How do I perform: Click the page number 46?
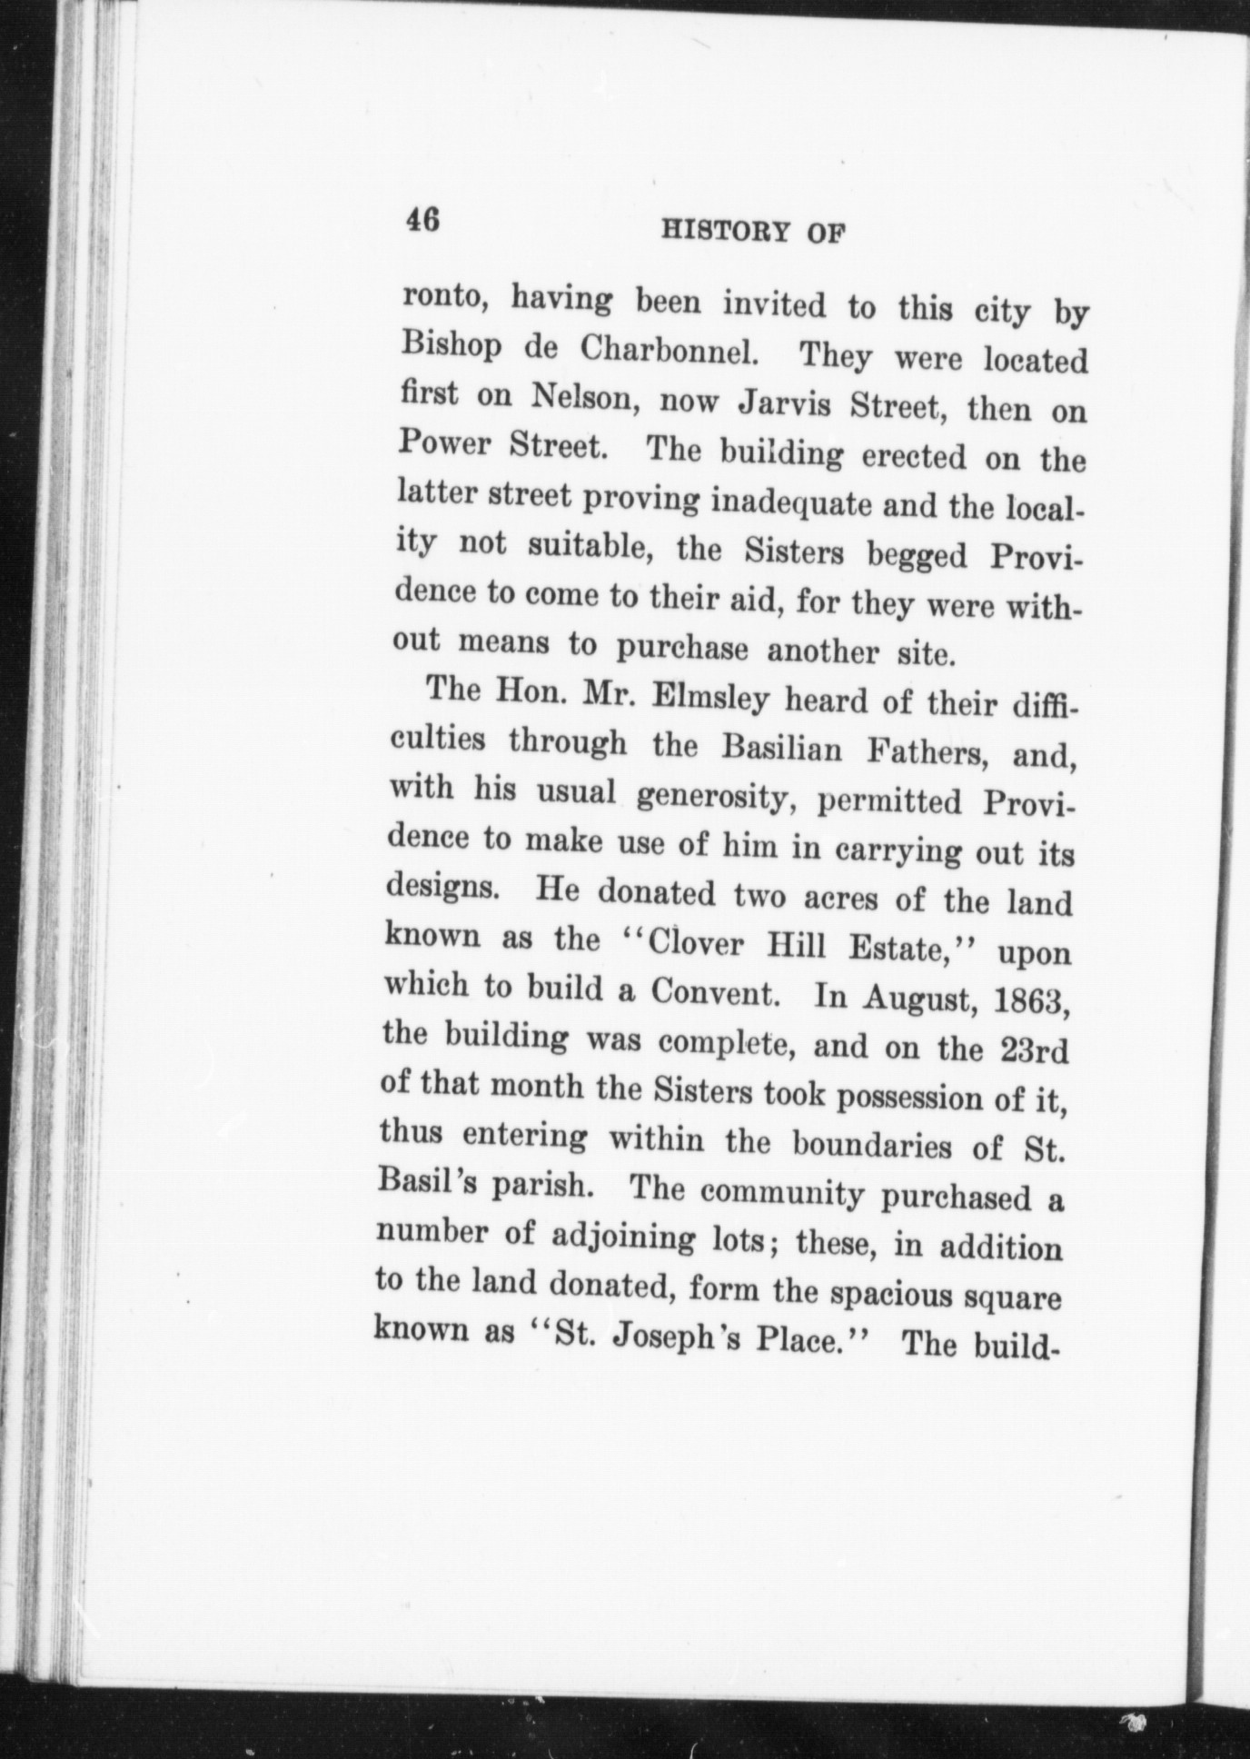point(423,220)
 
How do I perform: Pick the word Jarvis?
point(783,404)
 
